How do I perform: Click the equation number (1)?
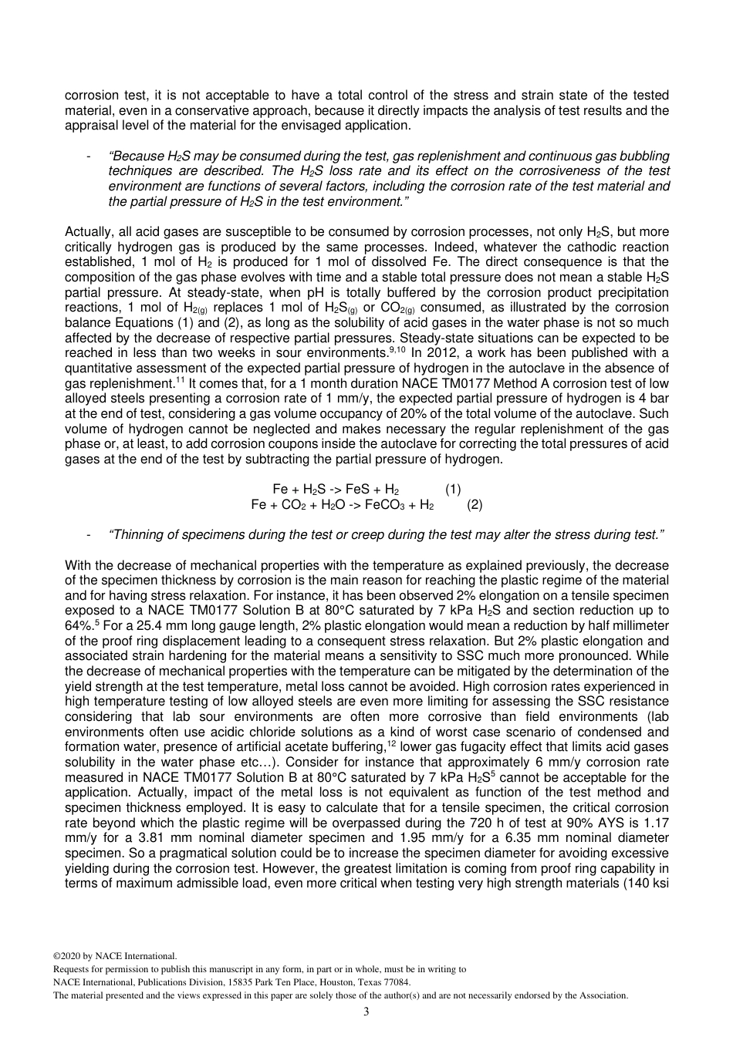tap(453, 489)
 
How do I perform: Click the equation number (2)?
tap(475, 504)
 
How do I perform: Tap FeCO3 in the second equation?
tap(382, 504)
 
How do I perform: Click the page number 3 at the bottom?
tap(366, 1012)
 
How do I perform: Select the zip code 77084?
tap(399, 982)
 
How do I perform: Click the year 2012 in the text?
tap(443, 353)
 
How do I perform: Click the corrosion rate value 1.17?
tap(655, 823)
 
